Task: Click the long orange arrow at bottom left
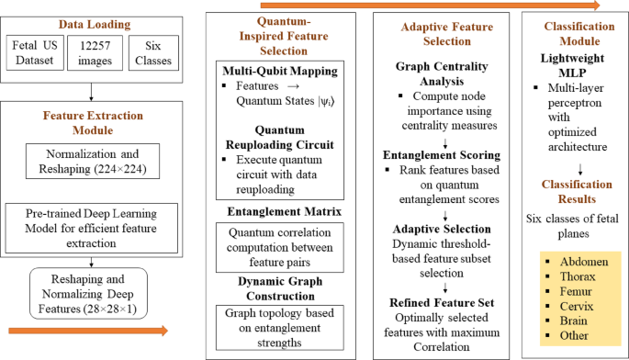pyautogui.click(x=86, y=332)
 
